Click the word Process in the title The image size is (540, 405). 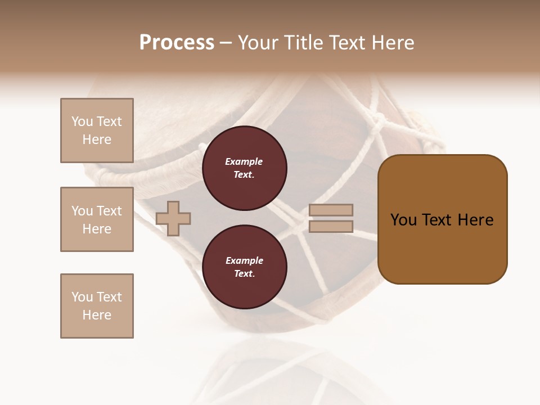(x=177, y=43)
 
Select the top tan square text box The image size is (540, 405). (x=97, y=130)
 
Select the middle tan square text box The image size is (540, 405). (x=97, y=219)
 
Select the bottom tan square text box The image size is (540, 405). (x=97, y=306)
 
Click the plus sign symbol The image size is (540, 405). (x=173, y=218)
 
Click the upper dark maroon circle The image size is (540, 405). (x=245, y=168)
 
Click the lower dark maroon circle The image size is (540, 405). (x=245, y=267)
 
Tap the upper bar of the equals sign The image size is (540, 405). (x=331, y=210)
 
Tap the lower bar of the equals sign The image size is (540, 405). (x=331, y=227)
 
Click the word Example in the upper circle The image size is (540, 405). (x=244, y=162)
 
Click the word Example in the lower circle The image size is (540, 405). (x=244, y=261)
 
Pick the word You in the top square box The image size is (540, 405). (x=82, y=121)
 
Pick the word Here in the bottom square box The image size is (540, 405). (x=97, y=315)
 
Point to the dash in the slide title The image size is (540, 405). (x=226, y=43)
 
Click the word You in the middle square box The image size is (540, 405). (x=82, y=211)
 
